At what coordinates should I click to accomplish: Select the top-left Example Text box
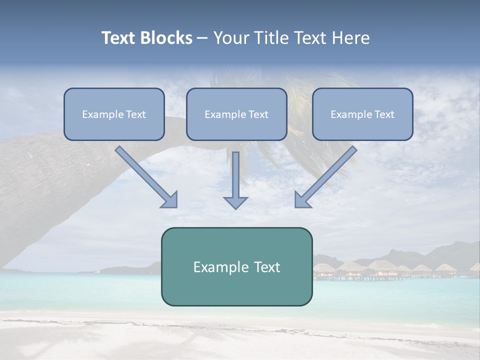click(114, 114)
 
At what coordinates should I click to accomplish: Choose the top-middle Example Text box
click(236, 114)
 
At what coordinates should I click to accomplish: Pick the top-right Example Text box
click(362, 114)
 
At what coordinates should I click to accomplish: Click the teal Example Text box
click(236, 266)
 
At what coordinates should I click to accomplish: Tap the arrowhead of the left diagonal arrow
click(169, 200)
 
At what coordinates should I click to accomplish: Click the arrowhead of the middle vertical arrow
click(235, 202)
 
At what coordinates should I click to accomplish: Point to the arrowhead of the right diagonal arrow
click(302, 200)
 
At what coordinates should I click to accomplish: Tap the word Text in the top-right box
click(383, 114)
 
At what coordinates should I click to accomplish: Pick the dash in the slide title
click(202, 38)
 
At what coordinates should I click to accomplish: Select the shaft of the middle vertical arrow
click(235, 172)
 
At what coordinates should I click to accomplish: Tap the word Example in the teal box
click(217, 267)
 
